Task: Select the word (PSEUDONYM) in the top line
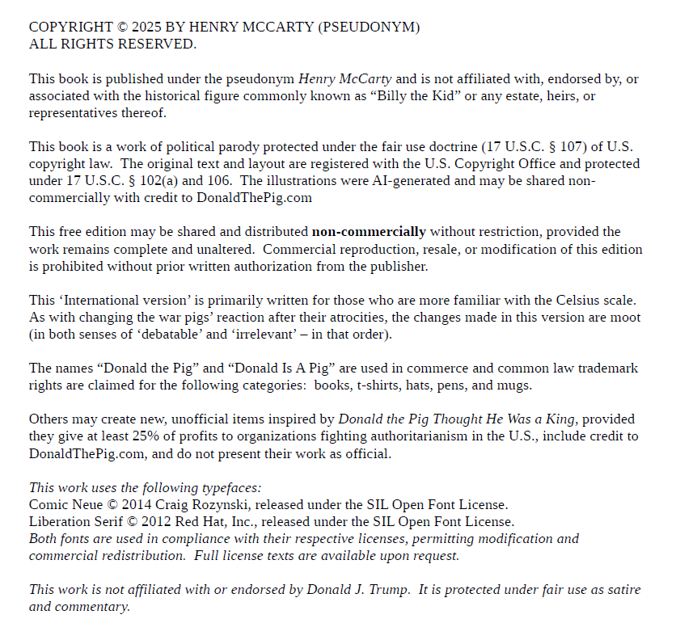click(370, 27)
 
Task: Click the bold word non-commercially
click(369, 232)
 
